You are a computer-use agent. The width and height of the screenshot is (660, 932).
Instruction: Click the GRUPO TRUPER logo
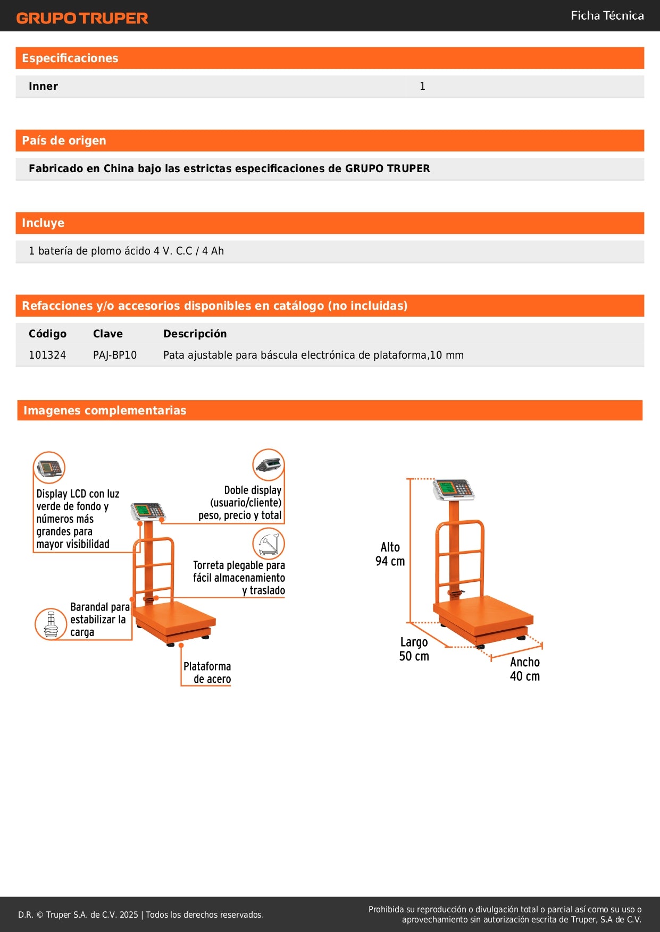82,18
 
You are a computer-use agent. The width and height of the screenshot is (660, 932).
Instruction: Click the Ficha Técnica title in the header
607,15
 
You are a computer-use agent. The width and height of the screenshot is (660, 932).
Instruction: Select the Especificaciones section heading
70,58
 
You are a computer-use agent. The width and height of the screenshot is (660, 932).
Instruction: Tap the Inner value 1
422,87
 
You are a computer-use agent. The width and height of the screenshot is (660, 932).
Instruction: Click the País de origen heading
64,141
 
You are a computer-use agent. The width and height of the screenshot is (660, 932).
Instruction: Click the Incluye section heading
43,223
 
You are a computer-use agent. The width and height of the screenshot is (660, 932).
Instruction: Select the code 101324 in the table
47,355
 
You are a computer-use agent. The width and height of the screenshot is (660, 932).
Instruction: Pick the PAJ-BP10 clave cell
115,355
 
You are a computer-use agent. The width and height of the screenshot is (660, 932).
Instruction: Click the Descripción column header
195,334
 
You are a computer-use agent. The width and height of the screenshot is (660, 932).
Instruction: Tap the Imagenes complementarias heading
105,410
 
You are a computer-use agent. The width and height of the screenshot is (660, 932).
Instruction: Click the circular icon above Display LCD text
49,468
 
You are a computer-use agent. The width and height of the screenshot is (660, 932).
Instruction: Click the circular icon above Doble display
269,464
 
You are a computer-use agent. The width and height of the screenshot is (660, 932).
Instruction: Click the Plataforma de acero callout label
207,673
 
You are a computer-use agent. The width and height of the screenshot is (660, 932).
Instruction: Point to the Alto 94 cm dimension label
390,554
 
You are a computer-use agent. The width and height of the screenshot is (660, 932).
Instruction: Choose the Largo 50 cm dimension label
414,649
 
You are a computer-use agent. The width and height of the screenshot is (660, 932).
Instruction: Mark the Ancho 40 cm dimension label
525,669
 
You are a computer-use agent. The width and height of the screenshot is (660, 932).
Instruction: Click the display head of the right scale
453,489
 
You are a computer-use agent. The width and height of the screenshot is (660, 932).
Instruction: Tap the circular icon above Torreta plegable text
269,544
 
